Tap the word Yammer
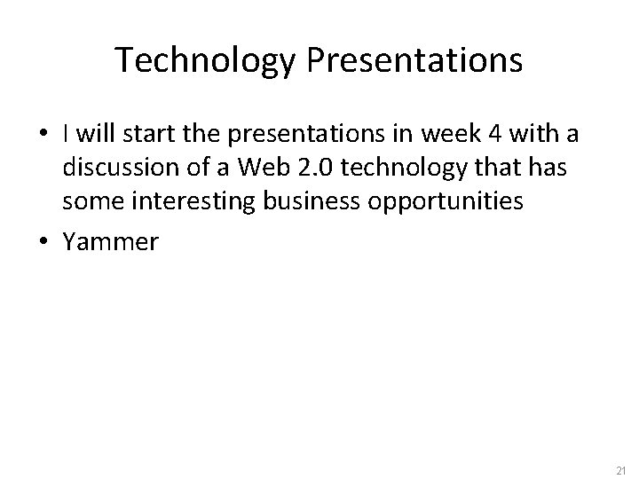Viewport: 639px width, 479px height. click(109, 243)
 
